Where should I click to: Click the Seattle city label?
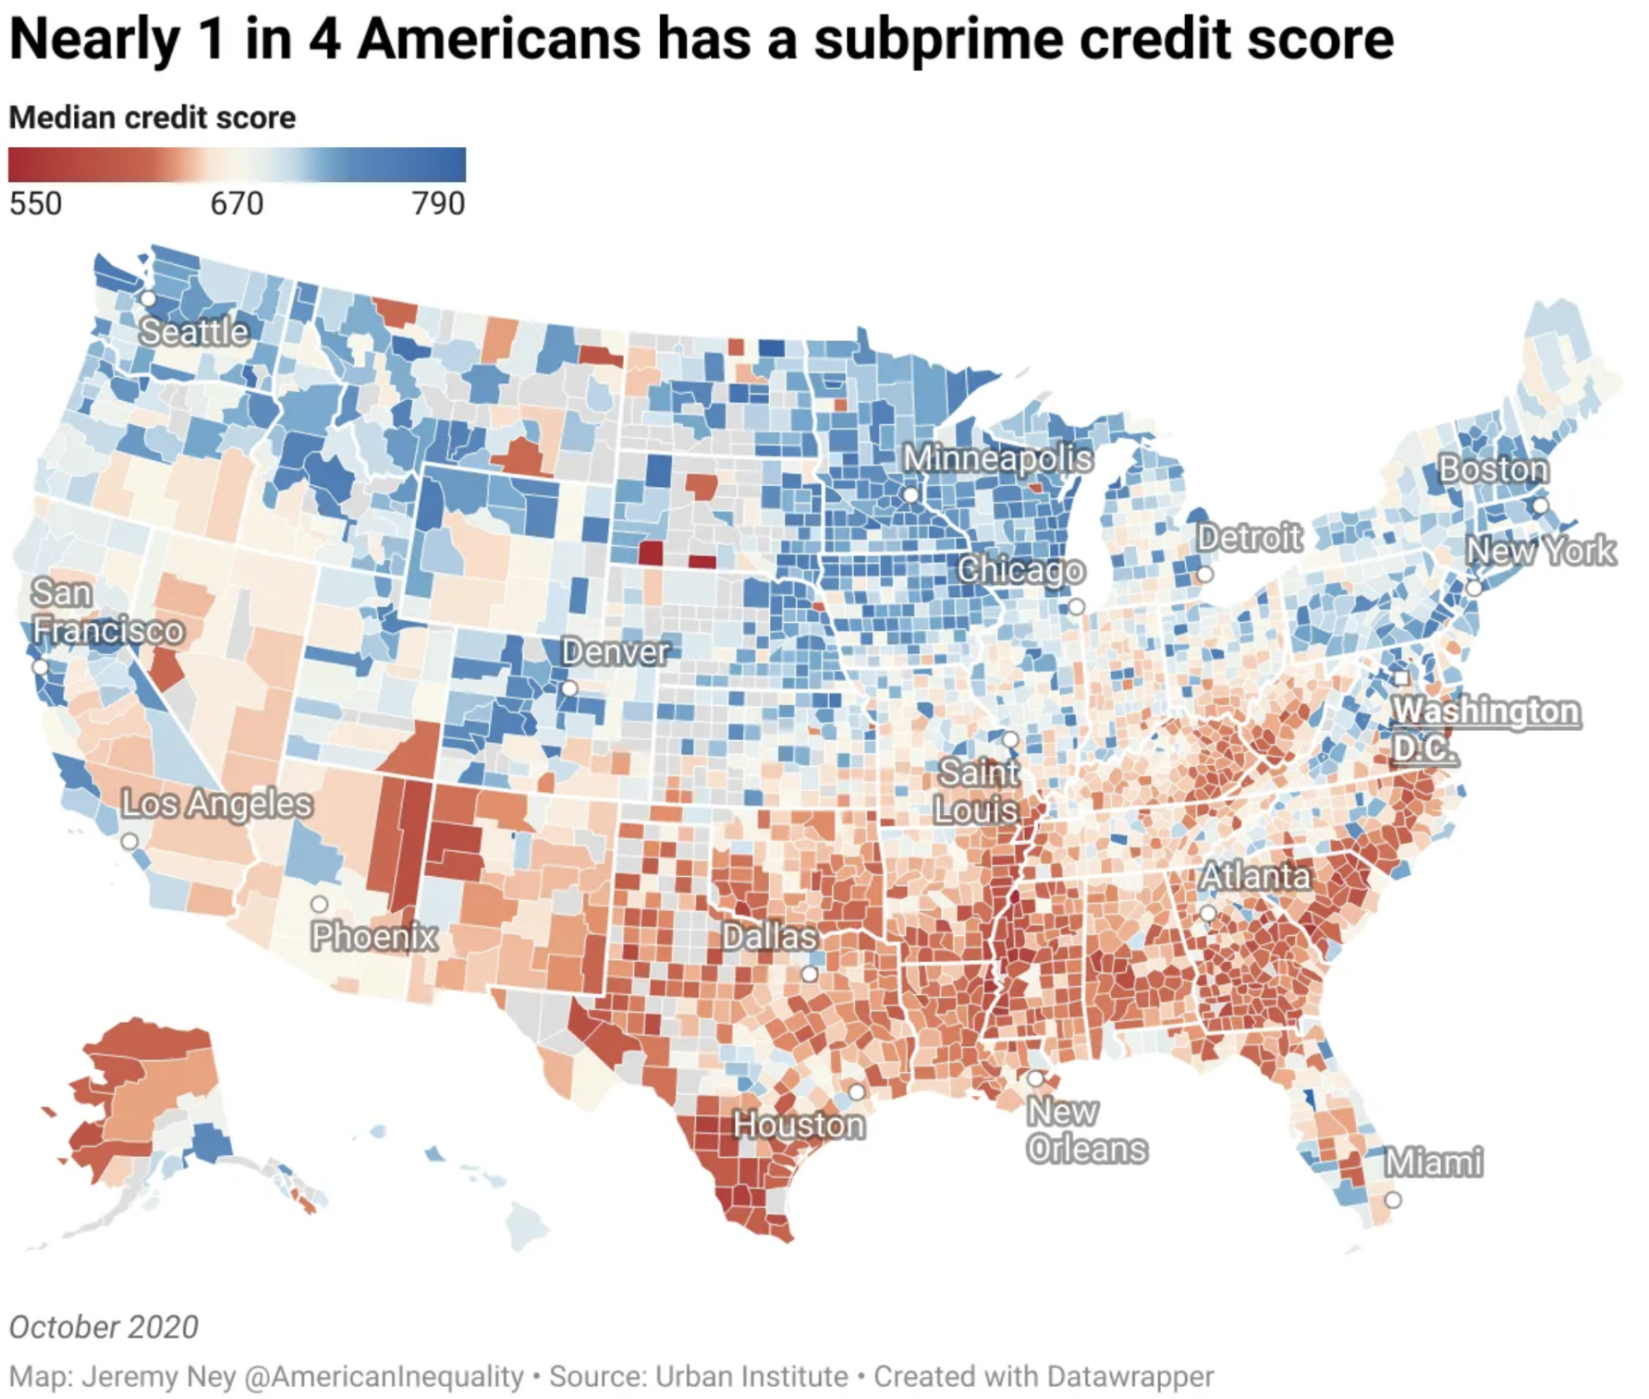pos(194,332)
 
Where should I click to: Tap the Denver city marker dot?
pos(569,688)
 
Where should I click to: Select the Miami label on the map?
pos(1433,1162)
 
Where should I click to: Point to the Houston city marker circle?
pos(857,1092)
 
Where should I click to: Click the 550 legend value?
pos(36,203)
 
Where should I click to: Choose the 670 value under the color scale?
pos(237,203)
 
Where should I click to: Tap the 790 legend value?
pos(438,203)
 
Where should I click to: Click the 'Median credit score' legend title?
pos(153,118)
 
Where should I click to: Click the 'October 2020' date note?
pos(104,1327)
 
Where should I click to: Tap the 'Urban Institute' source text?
pos(751,1376)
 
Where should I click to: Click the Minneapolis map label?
pos(997,458)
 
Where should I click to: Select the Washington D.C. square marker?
pos(1401,678)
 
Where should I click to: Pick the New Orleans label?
pos(1086,1130)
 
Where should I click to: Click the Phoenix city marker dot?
pos(319,903)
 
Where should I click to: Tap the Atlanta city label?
pos(1255,876)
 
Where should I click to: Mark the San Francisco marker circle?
pos(40,666)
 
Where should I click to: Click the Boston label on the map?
pos(1493,469)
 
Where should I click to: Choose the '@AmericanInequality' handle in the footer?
pos(384,1376)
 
